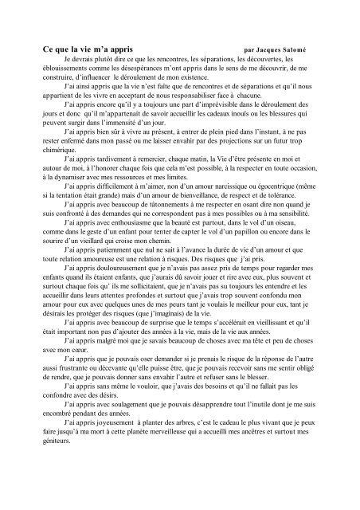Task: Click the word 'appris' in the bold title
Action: tap(131, 49)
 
